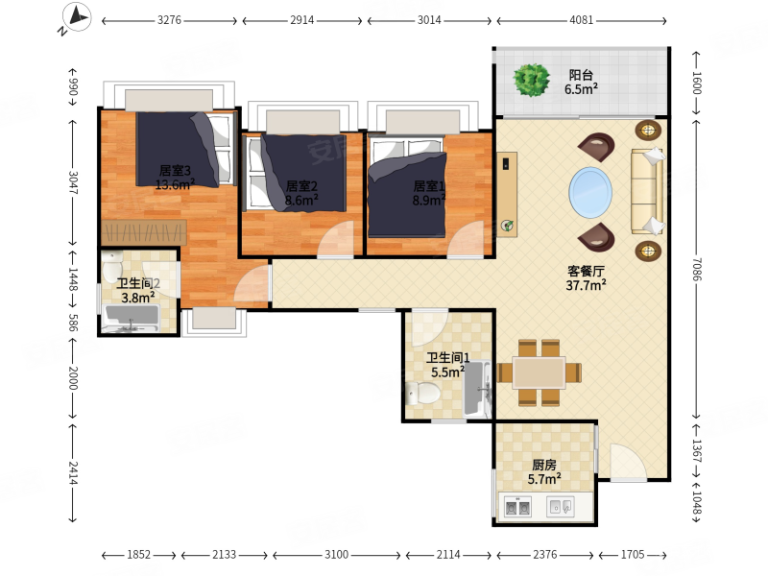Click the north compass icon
[x=77, y=17]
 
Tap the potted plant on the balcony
[x=531, y=80]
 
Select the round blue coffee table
[x=590, y=192]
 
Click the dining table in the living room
[x=540, y=373]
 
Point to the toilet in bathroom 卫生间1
[x=423, y=393]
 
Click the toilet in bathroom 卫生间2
[x=112, y=266]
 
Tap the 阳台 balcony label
[x=581, y=75]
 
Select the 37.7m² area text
[x=586, y=285]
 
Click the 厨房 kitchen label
[x=544, y=465]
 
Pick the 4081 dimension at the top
[x=581, y=20]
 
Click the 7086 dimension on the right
[x=697, y=270]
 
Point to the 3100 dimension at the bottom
[x=337, y=555]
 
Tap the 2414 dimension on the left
[x=73, y=472]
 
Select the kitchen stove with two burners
[x=517, y=507]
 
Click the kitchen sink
[x=561, y=507]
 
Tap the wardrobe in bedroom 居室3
[x=143, y=232]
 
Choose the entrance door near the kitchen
[x=629, y=462]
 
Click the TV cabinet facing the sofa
[x=507, y=195]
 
